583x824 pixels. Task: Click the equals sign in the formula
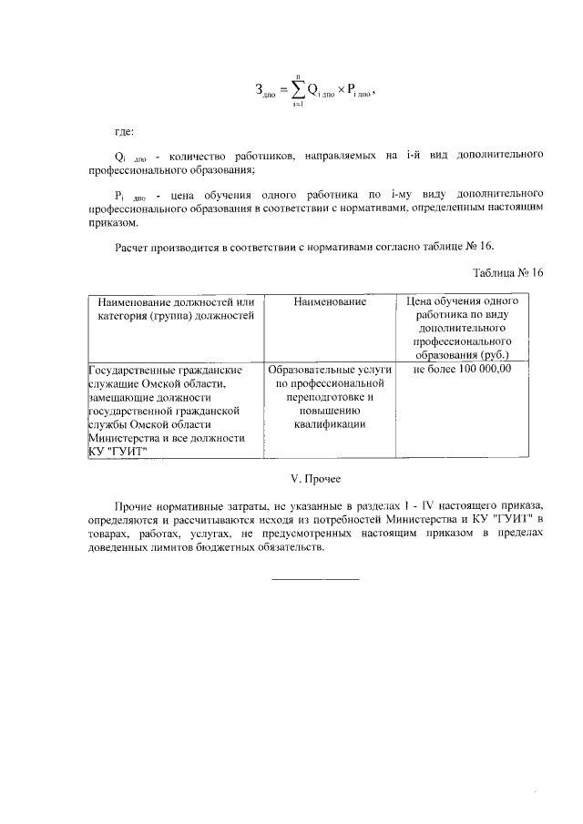tap(282, 90)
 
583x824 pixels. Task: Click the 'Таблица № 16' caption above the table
tap(507, 272)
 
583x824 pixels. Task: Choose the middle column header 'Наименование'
tap(330, 301)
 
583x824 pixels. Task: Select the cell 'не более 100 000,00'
tap(462, 370)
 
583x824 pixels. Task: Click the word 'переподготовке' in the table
tap(330, 397)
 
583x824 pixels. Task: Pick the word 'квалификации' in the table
tap(330, 424)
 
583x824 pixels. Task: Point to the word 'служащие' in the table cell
tap(113, 384)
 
